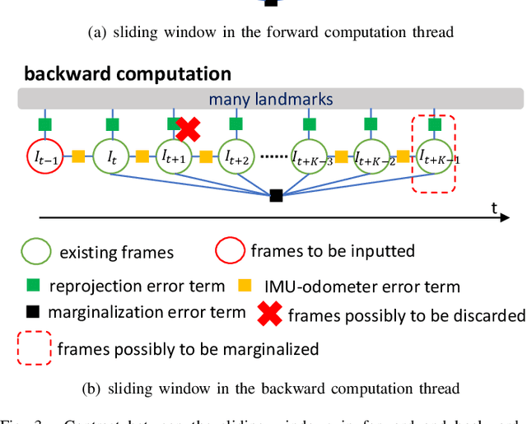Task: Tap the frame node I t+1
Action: (174, 155)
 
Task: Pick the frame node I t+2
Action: (236, 155)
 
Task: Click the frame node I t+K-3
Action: (309, 155)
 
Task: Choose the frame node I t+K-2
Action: (371, 155)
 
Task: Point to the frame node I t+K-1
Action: (433, 155)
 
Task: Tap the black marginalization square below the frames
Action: (276, 195)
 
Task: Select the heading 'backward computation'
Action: (128, 73)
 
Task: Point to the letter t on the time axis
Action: (495, 208)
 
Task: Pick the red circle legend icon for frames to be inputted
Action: (231, 249)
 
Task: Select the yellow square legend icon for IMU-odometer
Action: (244, 286)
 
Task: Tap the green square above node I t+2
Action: (236, 124)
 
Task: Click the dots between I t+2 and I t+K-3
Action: (273, 156)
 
